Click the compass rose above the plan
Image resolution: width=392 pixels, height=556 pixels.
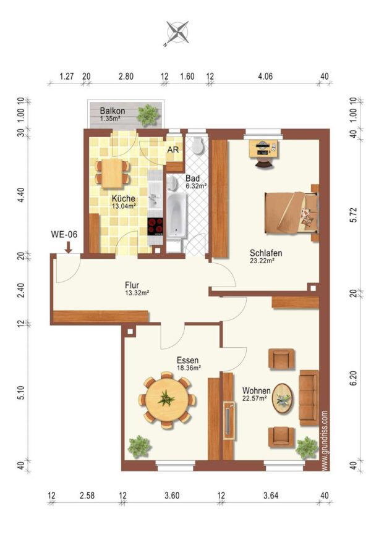177,33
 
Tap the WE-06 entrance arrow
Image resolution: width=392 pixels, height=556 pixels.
69,246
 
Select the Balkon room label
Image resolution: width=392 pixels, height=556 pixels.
112,111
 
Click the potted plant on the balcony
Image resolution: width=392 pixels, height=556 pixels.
147,114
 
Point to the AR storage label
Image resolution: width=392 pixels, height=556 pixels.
173,150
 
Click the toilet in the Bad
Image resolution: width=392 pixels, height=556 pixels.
197,145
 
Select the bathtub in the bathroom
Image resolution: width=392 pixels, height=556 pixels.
177,215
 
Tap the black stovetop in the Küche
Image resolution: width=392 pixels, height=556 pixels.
155,227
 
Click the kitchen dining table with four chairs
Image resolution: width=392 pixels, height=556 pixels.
112,173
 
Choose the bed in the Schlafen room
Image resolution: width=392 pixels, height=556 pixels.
291,213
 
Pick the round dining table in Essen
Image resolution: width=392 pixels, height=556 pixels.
166,400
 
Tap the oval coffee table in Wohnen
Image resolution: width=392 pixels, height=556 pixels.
283,398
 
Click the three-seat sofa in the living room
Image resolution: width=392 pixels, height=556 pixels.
309,397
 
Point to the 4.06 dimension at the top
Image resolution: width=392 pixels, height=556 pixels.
265,76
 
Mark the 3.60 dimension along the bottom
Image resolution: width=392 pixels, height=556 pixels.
172,495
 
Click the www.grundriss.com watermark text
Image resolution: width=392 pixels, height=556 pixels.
325,440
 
